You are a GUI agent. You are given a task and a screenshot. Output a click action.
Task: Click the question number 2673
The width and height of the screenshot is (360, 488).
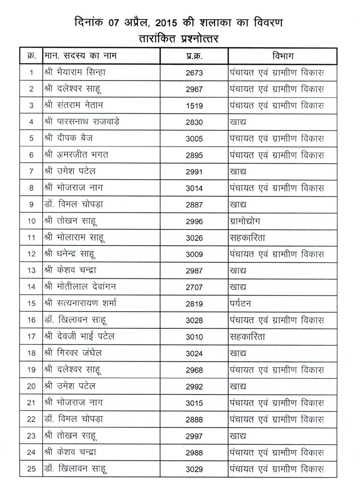[194, 73]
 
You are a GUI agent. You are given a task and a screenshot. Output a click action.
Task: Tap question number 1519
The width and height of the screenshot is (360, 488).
[194, 105]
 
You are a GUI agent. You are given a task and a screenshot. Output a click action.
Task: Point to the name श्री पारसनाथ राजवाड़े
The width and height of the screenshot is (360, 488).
[82, 121]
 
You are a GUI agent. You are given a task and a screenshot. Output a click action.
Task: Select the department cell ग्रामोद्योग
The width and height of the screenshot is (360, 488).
[246, 221]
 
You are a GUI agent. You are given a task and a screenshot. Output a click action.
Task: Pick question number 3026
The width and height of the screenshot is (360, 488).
[194, 237]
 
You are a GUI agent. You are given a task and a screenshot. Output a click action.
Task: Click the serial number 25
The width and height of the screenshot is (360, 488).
[31, 469]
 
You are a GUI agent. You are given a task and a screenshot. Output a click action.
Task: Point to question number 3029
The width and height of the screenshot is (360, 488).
[194, 469]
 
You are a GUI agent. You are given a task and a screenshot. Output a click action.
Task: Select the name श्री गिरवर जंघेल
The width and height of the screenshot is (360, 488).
[74, 353]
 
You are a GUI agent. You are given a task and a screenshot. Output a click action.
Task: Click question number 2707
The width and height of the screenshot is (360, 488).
[194, 287]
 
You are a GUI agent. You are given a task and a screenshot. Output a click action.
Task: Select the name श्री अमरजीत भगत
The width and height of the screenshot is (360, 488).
[76, 155]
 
